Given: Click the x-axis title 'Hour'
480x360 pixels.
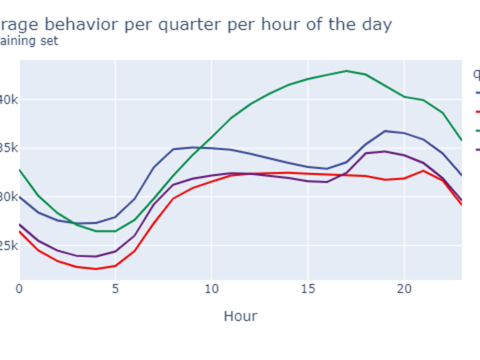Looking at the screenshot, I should pos(240,316).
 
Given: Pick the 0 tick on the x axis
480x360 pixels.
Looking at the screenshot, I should pos(19,288).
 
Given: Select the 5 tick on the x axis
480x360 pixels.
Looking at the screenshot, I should pos(115,288).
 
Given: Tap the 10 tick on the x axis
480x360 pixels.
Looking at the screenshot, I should pos(212,288).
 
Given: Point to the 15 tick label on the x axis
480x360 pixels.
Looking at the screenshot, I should pos(308,288).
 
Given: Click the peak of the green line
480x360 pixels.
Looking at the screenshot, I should pos(347,71).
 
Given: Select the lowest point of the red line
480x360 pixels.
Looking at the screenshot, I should pos(96,269).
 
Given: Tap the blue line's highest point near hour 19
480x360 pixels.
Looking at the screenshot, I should pos(385,131).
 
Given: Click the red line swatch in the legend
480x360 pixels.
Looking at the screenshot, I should pos(477,111).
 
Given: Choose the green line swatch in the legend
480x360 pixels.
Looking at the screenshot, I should pos(477,130).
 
